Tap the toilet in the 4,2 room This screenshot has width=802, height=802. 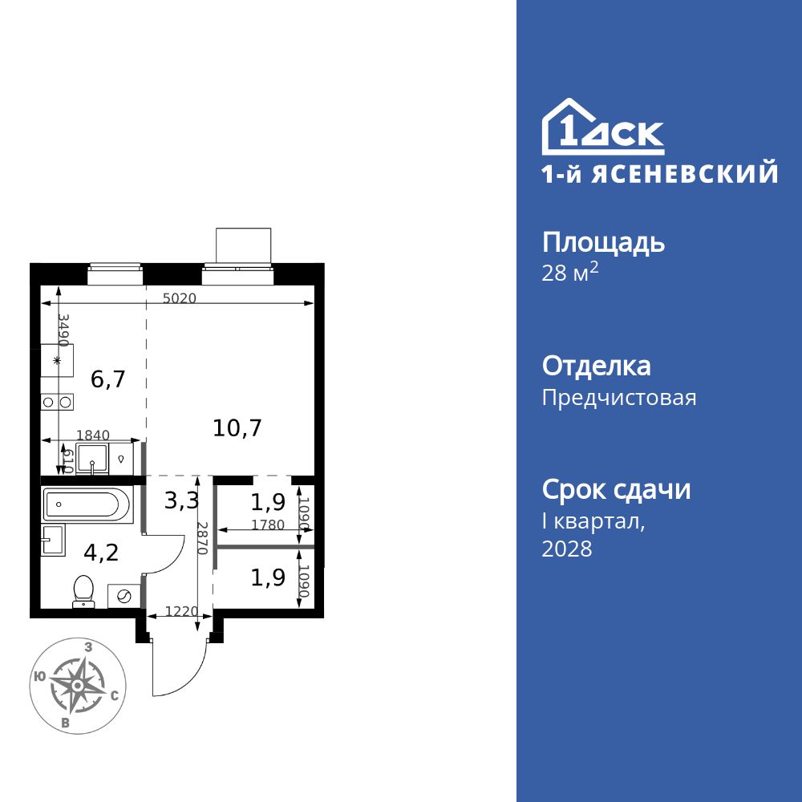tap(83, 591)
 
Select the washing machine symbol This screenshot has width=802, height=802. tap(124, 596)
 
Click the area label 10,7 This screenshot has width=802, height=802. tap(237, 427)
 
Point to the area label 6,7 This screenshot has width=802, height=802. tap(107, 379)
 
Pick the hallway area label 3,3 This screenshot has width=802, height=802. tap(181, 502)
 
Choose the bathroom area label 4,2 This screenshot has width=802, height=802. tap(101, 551)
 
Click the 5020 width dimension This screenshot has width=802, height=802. tap(179, 298)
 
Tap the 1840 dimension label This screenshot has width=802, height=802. tap(92, 435)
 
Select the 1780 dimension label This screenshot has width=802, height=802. tap(266, 525)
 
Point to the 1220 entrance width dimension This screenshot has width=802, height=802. tap(181, 611)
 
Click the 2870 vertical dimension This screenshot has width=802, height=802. tap(203, 538)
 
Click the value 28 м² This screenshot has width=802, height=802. tap(570, 273)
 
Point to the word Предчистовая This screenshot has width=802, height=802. tap(619, 398)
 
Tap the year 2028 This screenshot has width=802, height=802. tap(567, 549)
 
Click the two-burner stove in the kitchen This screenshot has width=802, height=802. tap(58, 401)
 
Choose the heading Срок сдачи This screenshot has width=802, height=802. tap(616, 489)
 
